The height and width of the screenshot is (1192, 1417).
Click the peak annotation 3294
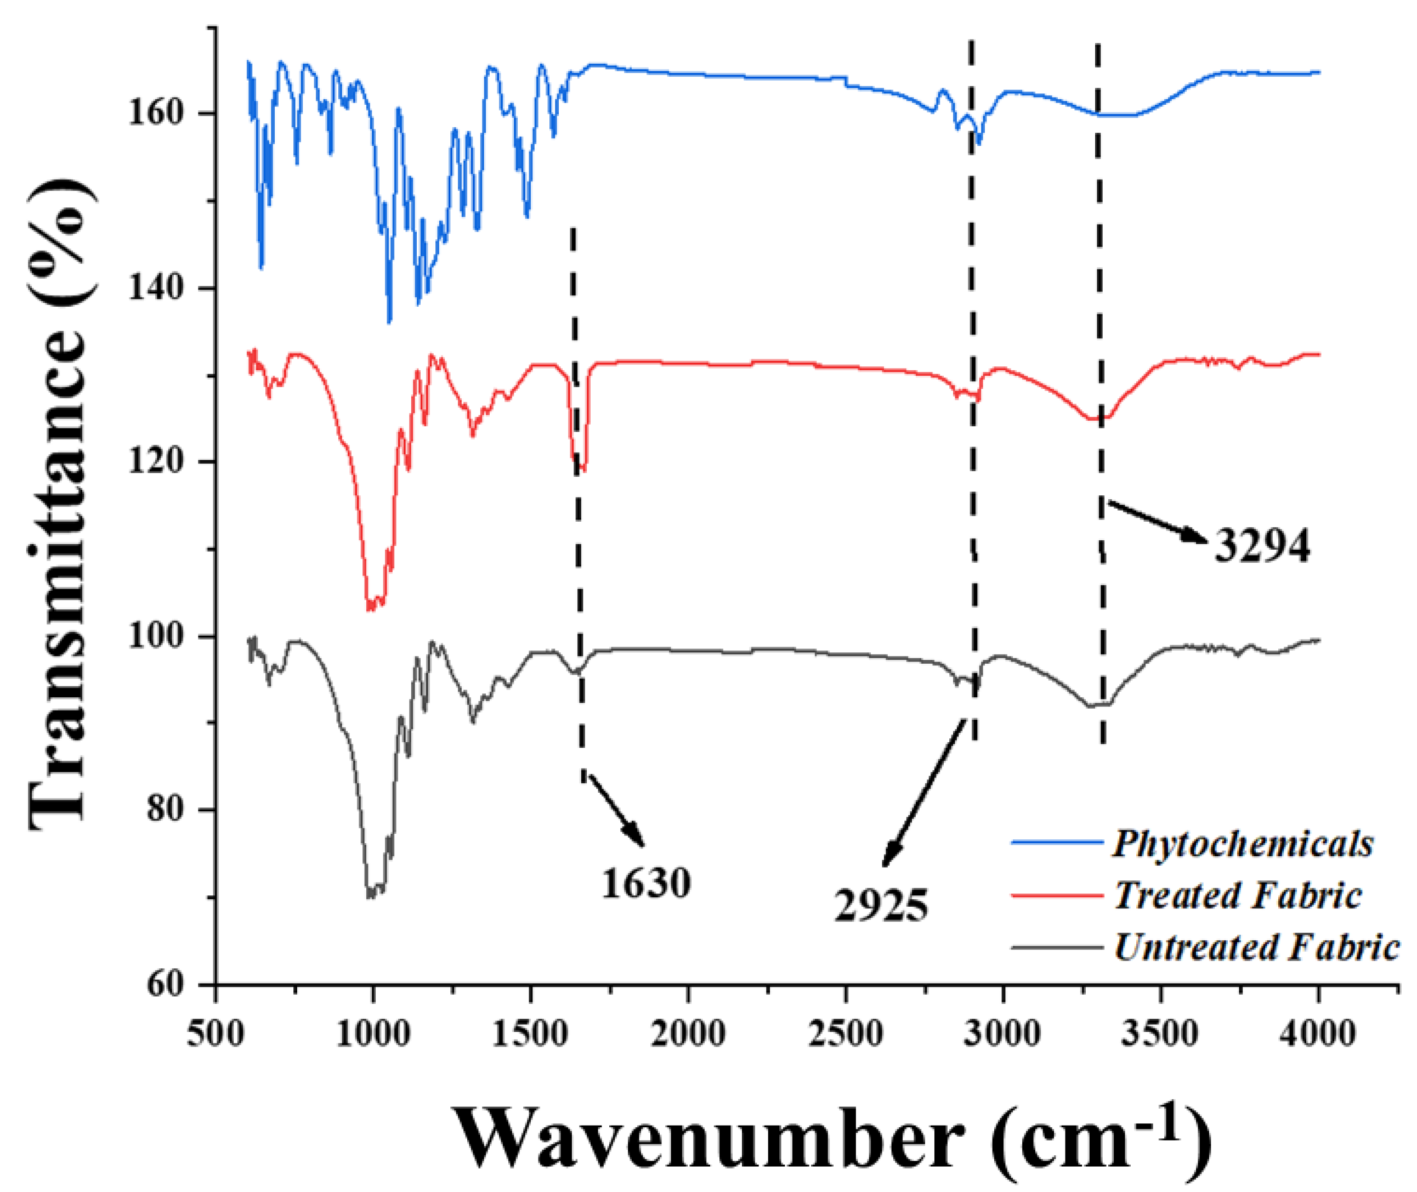tap(1262, 546)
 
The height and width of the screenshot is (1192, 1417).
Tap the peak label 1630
tap(647, 883)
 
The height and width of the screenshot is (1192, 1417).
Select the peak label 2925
tap(881, 906)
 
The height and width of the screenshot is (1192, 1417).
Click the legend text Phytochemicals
tap(1242, 843)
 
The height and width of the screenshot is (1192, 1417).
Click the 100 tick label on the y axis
tap(156, 636)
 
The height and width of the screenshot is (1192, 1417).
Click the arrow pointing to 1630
tap(615, 810)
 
